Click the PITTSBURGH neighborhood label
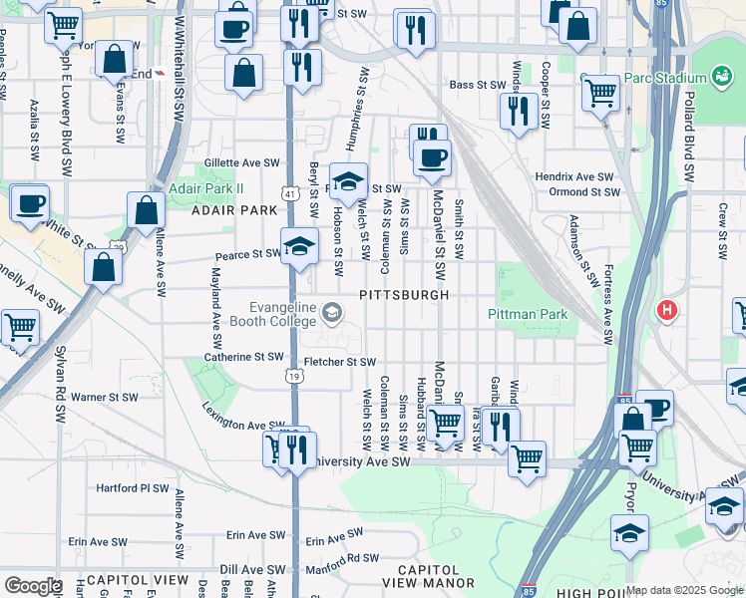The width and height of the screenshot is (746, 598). pyautogui.click(x=404, y=296)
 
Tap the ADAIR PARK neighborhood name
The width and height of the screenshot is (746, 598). pyautogui.click(x=236, y=210)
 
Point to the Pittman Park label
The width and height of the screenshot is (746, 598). pyautogui.click(x=528, y=315)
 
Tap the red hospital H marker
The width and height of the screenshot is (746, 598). pyautogui.click(x=667, y=310)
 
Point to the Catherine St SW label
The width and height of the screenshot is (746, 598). pyautogui.click(x=244, y=356)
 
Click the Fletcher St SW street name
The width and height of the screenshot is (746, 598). pyautogui.click(x=340, y=362)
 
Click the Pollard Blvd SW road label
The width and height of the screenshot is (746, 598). pyautogui.click(x=689, y=137)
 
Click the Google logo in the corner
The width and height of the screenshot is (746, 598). pyautogui.click(x=32, y=586)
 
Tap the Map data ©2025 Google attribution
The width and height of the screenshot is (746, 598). pyautogui.click(x=684, y=590)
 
